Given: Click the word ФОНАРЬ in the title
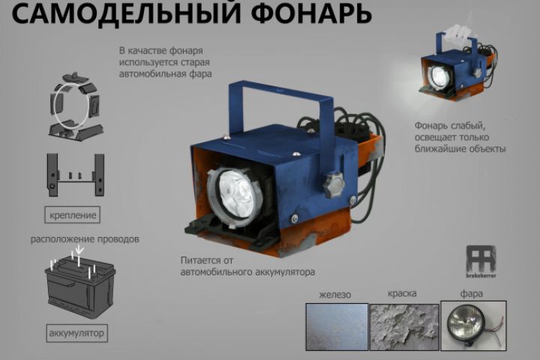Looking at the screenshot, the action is [311, 13].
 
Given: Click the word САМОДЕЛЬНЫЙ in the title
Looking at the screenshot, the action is [126, 13].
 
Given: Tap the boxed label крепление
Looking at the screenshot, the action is [72, 215].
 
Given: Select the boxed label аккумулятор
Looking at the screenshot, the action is [76, 333].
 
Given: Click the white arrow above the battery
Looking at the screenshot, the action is [79, 250].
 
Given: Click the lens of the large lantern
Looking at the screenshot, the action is [236, 195].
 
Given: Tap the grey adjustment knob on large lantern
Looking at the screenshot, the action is [334, 185].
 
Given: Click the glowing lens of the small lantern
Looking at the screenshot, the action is [439, 76].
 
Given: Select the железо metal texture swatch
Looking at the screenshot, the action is [337, 326].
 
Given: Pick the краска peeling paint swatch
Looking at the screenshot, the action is [404, 326].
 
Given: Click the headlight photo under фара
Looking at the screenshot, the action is [473, 325].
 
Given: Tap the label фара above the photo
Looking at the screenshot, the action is [471, 294].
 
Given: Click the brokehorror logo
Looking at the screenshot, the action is [481, 262].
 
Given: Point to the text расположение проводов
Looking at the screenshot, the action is [85, 239].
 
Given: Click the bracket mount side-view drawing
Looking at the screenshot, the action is [76, 175].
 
